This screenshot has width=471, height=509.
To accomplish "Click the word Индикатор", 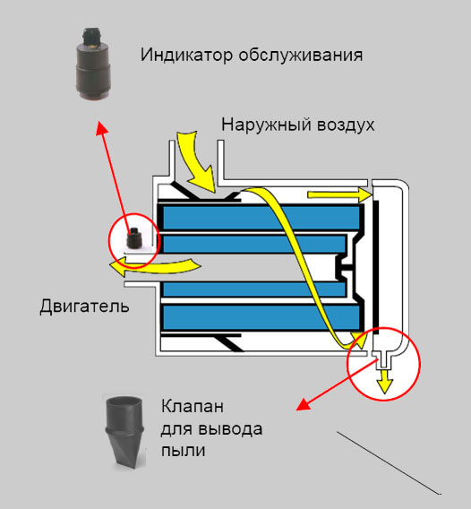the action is coord(186,55).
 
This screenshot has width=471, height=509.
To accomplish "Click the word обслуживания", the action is coord(301,56).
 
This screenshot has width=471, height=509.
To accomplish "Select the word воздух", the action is coord(346,125).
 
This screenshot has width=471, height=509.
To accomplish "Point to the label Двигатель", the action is coord(84,306).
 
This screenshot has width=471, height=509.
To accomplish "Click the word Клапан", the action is coord(193,406).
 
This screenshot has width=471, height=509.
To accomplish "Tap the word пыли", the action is coord(184,450).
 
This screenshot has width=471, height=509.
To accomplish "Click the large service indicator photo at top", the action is coord(93,64).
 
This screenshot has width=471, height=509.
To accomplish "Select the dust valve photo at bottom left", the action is coord(124,432).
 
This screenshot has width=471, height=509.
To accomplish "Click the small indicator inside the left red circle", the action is coord(133,238).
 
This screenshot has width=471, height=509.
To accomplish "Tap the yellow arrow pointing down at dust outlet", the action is coord(384,382).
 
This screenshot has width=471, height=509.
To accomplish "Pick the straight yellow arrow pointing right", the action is coord(339,194).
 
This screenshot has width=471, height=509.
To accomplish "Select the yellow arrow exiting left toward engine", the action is coord(155,266).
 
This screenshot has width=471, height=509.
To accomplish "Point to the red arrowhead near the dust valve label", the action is coord(304,404).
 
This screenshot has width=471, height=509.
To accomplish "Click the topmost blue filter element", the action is coord(261,218).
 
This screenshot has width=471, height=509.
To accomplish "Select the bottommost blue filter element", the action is coord(261,317).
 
